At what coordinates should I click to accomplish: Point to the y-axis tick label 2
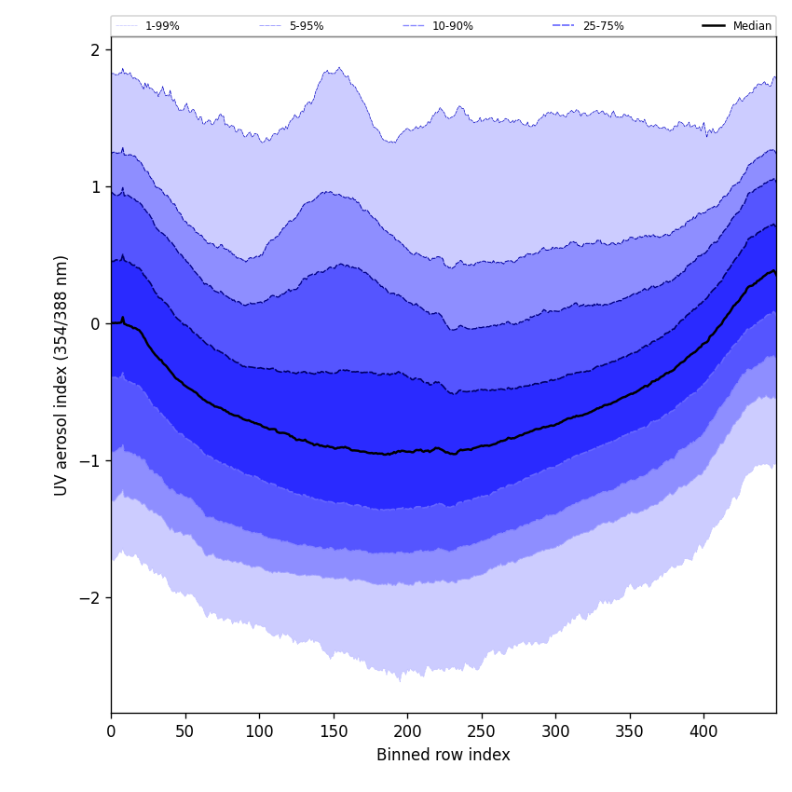[95, 50]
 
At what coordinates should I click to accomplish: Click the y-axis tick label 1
[95, 187]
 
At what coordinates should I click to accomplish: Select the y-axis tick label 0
[95, 324]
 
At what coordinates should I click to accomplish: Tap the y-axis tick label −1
[90, 461]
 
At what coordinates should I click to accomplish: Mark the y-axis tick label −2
[90, 598]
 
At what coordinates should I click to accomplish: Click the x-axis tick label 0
[111, 731]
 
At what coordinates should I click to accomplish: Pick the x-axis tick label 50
[185, 731]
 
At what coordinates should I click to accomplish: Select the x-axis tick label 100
[259, 731]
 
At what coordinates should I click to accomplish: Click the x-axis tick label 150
[334, 731]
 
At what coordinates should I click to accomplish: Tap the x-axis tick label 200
[407, 731]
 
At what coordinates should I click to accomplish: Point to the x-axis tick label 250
[482, 731]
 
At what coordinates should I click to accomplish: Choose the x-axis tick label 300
[555, 731]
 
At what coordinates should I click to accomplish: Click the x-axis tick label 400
[703, 731]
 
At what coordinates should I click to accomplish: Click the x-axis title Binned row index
[444, 756]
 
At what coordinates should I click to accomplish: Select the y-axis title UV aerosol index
[61, 376]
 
